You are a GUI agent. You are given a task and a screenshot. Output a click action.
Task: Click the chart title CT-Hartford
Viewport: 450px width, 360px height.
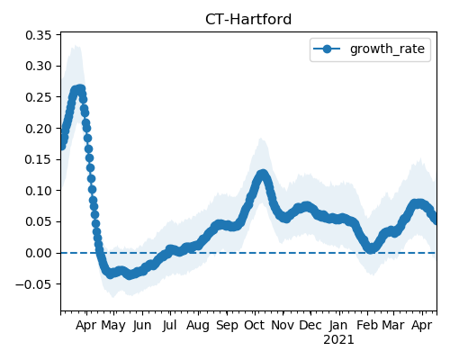(248, 20)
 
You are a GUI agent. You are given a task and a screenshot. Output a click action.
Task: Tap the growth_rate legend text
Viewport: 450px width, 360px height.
(387, 49)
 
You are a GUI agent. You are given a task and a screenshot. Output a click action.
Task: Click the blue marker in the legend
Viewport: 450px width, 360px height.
(327, 49)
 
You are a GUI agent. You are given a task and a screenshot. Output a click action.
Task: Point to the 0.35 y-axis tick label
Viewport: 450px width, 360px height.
(39, 35)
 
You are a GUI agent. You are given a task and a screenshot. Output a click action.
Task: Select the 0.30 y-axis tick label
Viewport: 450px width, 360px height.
(39, 66)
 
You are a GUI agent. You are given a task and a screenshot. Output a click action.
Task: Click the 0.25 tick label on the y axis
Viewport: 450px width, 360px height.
(39, 97)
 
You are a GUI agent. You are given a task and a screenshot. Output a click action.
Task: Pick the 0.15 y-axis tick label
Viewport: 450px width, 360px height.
(39, 159)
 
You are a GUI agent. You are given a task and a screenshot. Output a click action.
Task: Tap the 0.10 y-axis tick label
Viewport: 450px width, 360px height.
(39, 191)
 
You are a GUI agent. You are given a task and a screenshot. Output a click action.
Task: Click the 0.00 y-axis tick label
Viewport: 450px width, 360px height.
(39, 253)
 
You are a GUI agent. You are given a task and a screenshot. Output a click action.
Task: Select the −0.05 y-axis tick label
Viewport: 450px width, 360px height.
(33, 284)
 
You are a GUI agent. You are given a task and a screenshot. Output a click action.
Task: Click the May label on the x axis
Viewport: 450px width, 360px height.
(113, 326)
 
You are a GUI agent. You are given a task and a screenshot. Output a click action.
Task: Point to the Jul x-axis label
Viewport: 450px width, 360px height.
(169, 325)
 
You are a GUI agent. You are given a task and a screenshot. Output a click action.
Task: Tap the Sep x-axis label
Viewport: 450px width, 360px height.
(227, 326)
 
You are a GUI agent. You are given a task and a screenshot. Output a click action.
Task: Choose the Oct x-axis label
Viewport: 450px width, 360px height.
(255, 325)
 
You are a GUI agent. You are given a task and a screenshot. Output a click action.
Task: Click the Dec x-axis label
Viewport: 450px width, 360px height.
(310, 325)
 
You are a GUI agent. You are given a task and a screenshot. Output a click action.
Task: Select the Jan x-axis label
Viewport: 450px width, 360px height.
(338, 325)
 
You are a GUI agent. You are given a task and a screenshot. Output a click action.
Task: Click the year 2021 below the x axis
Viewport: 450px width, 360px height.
(338, 340)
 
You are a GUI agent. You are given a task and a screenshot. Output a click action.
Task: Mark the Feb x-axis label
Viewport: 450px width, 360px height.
(367, 325)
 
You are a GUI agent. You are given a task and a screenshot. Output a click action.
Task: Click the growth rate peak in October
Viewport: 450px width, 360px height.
(263, 174)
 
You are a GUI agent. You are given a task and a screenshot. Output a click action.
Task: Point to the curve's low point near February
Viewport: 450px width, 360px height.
(371, 248)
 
